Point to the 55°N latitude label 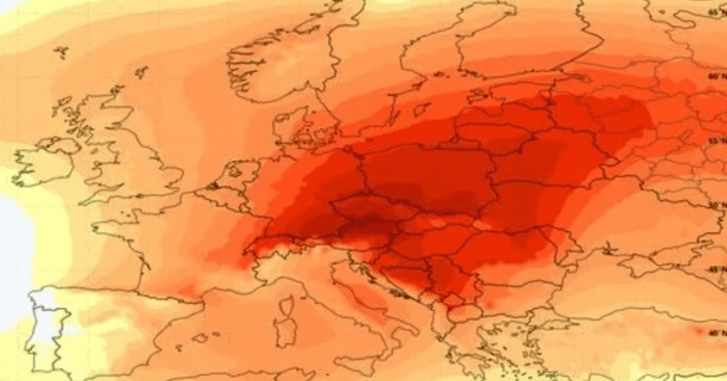click(x=715, y=140)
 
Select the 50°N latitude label click(x=715, y=206)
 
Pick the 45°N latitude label click(x=715, y=270)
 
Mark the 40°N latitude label click(x=715, y=333)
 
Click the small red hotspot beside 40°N click(x=699, y=332)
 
